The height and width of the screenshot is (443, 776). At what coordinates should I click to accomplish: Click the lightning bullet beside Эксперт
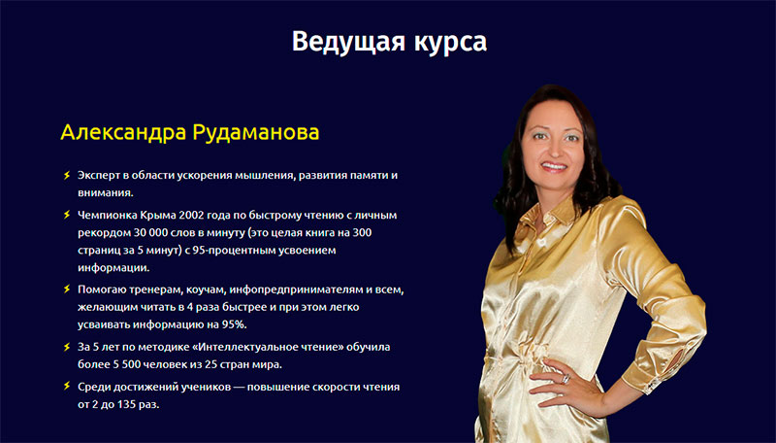(x=66, y=176)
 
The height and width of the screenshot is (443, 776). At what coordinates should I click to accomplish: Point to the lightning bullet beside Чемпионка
(x=66, y=214)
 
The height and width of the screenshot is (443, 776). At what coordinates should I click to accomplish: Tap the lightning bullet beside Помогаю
(x=66, y=289)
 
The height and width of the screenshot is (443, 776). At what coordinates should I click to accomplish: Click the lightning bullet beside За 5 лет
(x=66, y=346)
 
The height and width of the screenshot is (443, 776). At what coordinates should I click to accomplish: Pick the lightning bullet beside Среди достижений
(x=66, y=386)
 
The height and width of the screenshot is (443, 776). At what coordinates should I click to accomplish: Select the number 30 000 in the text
(x=154, y=232)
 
